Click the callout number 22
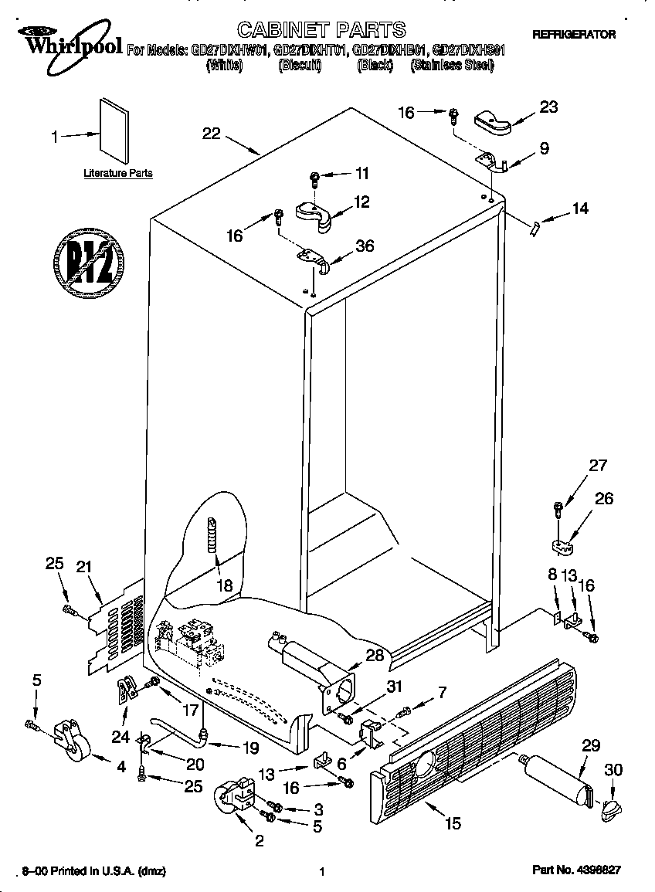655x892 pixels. [x=212, y=133]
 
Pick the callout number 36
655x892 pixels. [x=364, y=246]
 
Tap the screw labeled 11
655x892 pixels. [x=314, y=179]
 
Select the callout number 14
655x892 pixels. [x=579, y=208]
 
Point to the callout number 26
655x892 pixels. [x=603, y=499]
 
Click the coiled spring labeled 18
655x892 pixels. [x=212, y=535]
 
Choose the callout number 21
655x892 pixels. [x=83, y=567]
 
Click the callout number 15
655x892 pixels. [x=453, y=823]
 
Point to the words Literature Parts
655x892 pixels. [x=118, y=174]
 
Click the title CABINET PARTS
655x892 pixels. [x=321, y=30]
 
